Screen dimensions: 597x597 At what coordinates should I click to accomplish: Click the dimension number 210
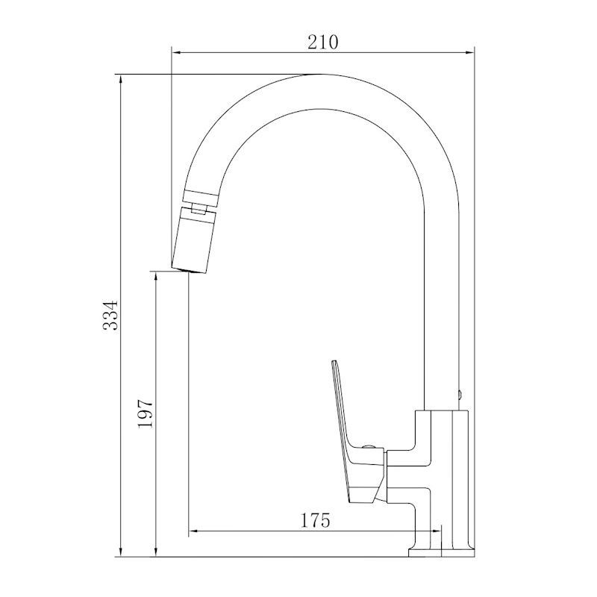pos(322,43)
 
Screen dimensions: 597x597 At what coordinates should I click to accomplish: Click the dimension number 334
pos(110,315)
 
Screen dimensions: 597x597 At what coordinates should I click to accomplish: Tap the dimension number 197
pos(146,413)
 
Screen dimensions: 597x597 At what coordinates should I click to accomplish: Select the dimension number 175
pos(315,520)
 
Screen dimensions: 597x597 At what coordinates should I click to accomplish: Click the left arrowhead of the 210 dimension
pos(177,52)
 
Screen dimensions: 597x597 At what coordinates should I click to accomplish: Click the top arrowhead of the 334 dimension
pos(121,80)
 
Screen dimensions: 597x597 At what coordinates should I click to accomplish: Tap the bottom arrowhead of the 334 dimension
pos(121,551)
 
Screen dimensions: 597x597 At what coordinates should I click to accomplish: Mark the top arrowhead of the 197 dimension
pos(155,277)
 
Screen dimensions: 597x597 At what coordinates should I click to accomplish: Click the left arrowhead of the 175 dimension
pos(194,531)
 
